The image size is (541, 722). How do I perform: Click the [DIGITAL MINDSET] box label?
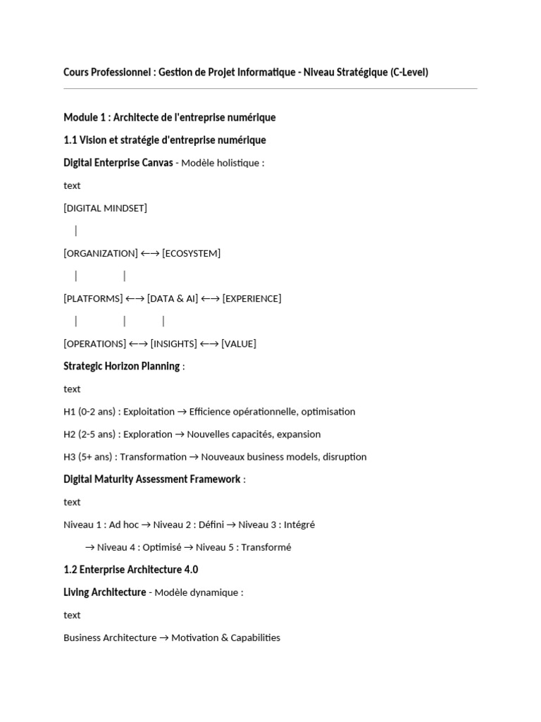pyautogui.click(x=105, y=208)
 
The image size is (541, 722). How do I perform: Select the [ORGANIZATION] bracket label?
pyautogui.click(x=101, y=253)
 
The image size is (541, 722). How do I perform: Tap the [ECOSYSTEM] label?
pyautogui.click(x=191, y=253)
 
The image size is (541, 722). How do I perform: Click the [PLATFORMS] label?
pyautogui.click(x=93, y=298)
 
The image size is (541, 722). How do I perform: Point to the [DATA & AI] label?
pyautogui.click(x=173, y=298)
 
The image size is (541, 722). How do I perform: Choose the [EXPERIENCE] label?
pyautogui.click(x=251, y=298)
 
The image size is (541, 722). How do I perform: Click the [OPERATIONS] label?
pyautogui.click(x=95, y=343)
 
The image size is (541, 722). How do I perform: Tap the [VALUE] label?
pyautogui.click(x=239, y=343)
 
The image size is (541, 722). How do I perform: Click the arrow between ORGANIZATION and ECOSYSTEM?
pyautogui.click(x=150, y=253)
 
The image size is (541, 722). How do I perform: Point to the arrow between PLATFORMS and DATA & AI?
pyautogui.click(x=135, y=298)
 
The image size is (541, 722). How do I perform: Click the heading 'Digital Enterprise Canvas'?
pyautogui.click(x=118, y=163)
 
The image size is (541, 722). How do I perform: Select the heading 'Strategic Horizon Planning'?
pyautogui.click(x=121, y=366)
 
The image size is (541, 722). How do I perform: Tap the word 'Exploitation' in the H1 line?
pyautogui.click(x=149, y=411)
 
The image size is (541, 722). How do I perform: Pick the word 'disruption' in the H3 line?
pyautogui.click(x=344, y=456)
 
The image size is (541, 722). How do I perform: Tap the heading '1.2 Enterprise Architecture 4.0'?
pyautogui.click(x=131, y=569)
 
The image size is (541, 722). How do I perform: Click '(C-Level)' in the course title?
pyautogui.click(x=409, y=72)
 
